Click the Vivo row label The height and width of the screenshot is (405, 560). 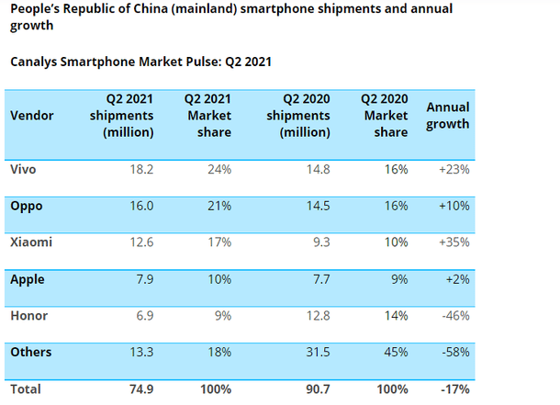coord(24,170)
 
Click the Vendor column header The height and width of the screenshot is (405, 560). coord(32,115)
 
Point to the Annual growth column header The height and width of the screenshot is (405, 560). coord(448,115)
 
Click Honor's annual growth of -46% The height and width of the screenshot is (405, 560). coord(454,315)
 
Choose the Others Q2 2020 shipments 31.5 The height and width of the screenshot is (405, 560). coord(317,352)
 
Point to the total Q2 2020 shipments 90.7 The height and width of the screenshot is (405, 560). coord(316,388)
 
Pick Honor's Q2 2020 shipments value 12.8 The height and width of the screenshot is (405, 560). coord(317,315)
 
